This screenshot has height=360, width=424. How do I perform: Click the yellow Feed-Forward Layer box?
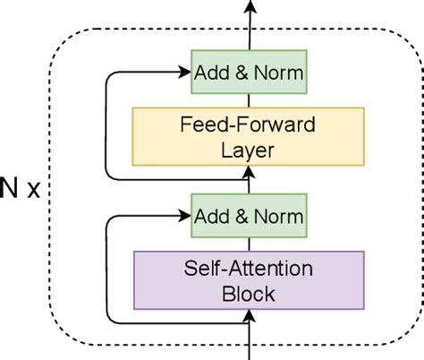click(250, 136)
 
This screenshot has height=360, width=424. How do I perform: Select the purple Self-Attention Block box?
click(250, 279)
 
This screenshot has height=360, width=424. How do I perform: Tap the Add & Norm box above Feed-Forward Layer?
click(250, 69)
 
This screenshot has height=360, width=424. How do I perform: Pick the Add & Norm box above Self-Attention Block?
click(250, 216)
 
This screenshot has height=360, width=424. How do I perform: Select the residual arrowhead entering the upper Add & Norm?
click(185, 69)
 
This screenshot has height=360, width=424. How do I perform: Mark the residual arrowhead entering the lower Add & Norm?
click(185, 216)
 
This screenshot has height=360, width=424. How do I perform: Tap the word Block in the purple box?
click(250, 292)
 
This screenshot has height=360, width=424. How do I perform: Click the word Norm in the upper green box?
click(278, 69)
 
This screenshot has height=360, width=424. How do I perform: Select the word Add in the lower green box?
click(218, 216)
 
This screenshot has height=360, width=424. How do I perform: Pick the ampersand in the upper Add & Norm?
click(246, 69)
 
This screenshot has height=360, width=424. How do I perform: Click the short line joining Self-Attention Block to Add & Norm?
click(250, 242)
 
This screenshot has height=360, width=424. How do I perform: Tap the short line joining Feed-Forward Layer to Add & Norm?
click(250, 98)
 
